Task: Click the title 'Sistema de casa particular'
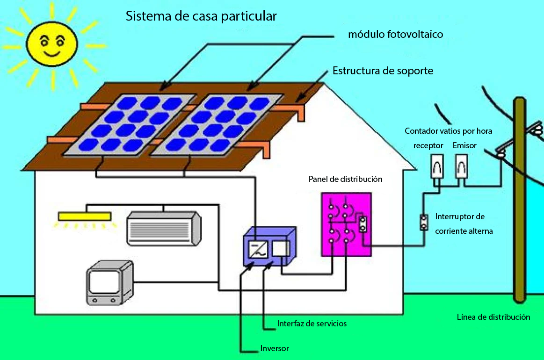(x=201, y=16)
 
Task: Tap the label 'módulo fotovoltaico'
(x=395, y=34)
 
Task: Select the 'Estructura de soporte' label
(x=383, y=71)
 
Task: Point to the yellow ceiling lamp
(x=85, y=216)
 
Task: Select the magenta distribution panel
(x=347, y=224)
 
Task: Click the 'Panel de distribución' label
(x=345, y=179)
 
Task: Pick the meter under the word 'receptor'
(x=437, y=166)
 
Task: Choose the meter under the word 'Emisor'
(x=462, y=166)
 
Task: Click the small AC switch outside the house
(x=424, y=223)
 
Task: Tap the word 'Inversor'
(x=275, y=348)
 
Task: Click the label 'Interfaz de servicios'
(x=312, y=324)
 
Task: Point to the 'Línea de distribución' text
(x=493, y=317)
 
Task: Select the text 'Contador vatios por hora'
(x=448, y=131)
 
